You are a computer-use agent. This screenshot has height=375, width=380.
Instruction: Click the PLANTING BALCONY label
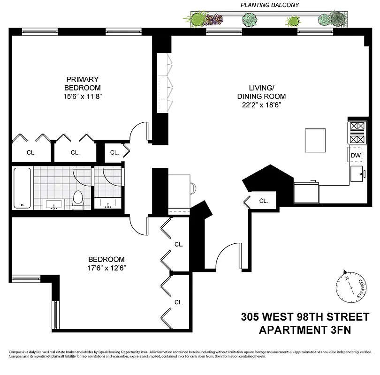pyautogui.click(x=270, y=5)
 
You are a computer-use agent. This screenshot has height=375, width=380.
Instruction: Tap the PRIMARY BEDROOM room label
pyautogui.click(x=83, y=83)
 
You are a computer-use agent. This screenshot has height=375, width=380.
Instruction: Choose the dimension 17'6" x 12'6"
pyautogui.click(x=106, y=268)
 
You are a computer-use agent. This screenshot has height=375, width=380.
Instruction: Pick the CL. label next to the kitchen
pyautogui.click(x=264, y=201)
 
